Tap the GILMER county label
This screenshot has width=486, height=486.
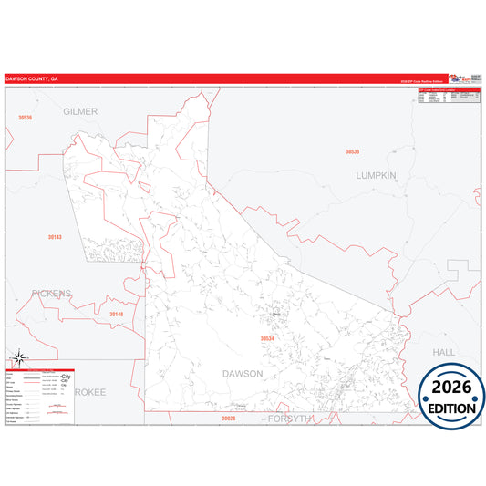click(x=80, y=111)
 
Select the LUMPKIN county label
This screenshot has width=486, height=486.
click(x=377, y=175)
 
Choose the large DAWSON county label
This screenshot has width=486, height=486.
click(x=243, y=374)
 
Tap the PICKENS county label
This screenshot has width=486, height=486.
click(x=51, y=294)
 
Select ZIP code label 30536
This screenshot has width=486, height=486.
click(x=25, y=119)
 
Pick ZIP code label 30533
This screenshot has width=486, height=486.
click(x=352, y=151)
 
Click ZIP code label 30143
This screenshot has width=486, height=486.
click(x=56, y=237)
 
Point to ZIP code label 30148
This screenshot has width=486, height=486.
click(x=116, y=315)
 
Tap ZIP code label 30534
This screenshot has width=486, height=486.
click(x=267, y=339)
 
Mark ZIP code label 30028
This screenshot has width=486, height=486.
click(x=228, y=419)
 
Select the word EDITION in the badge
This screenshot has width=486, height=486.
click(x=451, y=408)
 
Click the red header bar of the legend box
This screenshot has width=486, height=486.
click(x=40, y=369)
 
